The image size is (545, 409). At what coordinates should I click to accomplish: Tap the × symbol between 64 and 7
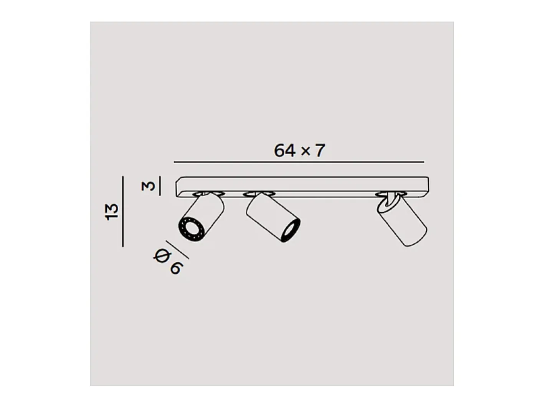(306, 151)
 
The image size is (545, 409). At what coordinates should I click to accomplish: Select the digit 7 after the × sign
(320, 151)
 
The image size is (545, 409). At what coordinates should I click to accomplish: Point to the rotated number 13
(111, 212)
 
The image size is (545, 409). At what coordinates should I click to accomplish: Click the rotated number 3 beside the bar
(148, 186)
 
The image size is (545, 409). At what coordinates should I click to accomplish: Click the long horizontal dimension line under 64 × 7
(299, 162)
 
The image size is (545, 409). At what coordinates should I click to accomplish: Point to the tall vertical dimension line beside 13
(123, 211)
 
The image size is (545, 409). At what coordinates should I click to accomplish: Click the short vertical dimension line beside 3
(160, 186)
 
